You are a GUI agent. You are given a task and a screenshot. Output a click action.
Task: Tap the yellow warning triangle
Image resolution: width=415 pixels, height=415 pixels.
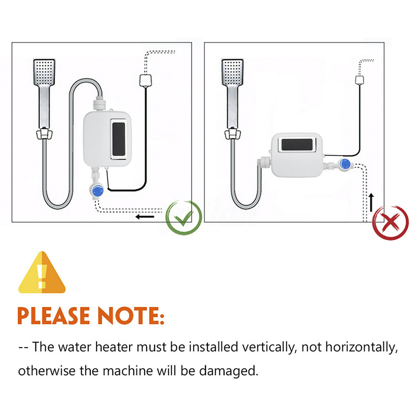(x=42, y=273)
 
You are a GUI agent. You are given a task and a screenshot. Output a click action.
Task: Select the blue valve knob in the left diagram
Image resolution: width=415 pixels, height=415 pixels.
(x=98, y=191)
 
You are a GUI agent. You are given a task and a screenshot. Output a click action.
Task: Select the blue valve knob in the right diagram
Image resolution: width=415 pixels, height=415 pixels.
(x=344, y=164)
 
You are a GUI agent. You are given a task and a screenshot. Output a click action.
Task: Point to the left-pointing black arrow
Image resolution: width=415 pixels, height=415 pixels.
(x=145, y=217)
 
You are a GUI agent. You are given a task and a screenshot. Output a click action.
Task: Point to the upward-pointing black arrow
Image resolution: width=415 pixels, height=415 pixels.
(x=371, y=202)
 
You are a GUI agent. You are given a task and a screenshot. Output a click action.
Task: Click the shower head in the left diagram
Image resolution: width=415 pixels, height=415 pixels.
(x=45, y=72)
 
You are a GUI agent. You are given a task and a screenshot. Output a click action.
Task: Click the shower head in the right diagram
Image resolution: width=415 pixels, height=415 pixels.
(x=232, y=72)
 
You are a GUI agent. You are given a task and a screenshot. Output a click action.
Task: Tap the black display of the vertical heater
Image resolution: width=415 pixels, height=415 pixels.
(x=119, y=139)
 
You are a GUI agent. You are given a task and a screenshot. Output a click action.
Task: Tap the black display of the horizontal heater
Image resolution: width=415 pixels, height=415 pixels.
(x=297, y=145)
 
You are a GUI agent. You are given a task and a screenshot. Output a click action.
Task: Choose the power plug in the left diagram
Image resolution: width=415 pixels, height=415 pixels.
(x=145, y=80)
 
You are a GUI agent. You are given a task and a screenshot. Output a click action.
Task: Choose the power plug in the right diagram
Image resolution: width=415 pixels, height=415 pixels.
(x=359, y=80)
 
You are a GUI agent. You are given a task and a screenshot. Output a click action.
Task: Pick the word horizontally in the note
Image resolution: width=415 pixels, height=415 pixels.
(x=362, y=347)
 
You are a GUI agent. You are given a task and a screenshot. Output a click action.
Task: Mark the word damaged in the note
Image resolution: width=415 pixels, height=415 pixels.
(x=228, y=371)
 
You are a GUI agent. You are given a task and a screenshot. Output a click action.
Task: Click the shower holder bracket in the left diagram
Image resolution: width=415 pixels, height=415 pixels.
(x=44, y=134)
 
